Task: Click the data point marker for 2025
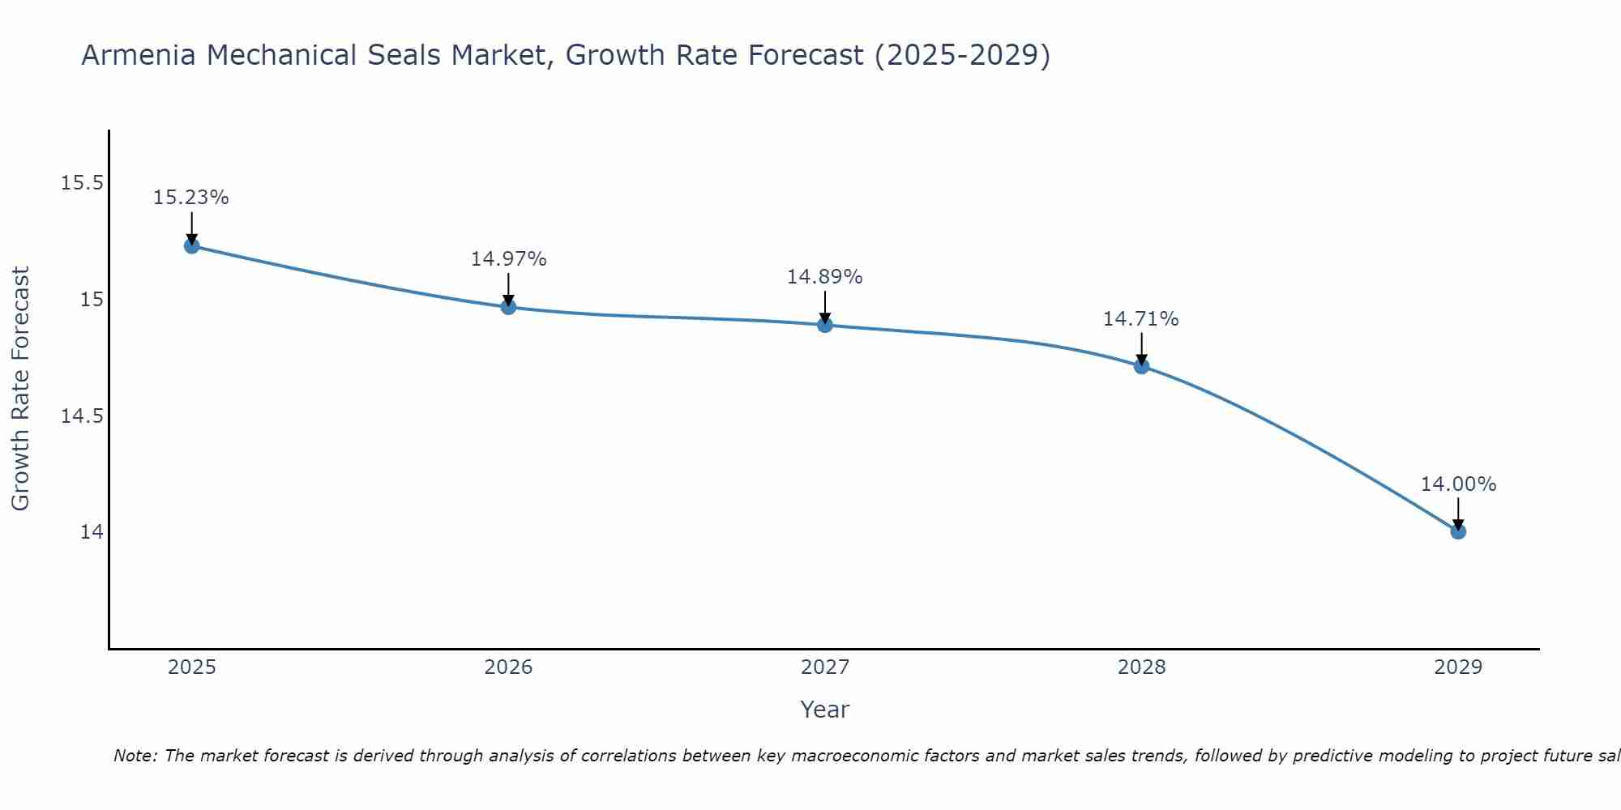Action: tap(191, 245)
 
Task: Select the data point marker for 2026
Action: tap(508, 307)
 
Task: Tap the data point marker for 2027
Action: tap(825, 325)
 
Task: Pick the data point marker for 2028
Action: tap(1141, 366)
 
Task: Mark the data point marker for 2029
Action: tap(1458, 531)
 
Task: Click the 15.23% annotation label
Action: tap(191, 198)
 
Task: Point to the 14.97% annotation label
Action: tap(508, 259)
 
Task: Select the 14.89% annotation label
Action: tap(825, 277)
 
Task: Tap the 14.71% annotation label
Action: tap(1141, 319)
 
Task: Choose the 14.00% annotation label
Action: tap(1458, 484)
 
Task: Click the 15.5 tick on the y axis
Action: tap(82, 183)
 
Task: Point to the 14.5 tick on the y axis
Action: tap(82, 416)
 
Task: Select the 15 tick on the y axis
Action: tap(91, 300)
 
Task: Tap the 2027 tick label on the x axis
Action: tap(825, 667)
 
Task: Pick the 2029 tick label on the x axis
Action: tap(1458, 667)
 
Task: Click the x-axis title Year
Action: tap(824, 710)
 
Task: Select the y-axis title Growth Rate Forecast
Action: tap(20, 389)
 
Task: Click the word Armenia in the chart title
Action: tap(139, 55)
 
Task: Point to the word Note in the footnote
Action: tap(135, 756)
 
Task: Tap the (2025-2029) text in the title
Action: tap(962, 55)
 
